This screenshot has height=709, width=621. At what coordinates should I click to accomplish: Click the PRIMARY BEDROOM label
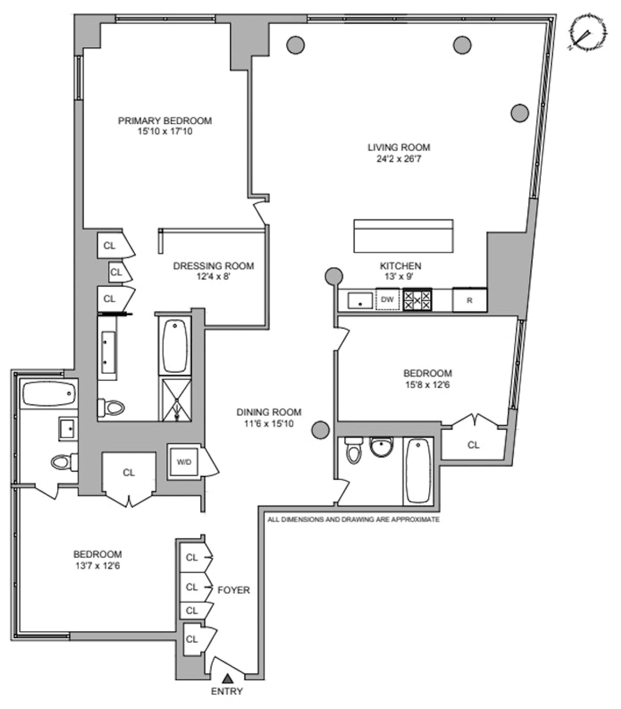(165, 121)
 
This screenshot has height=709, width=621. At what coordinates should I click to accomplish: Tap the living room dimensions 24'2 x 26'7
(399, 159)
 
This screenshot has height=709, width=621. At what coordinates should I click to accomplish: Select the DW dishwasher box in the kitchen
(387, 299)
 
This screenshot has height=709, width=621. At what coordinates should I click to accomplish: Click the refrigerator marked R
(470, 300)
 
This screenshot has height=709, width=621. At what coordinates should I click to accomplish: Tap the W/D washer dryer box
(184, 462)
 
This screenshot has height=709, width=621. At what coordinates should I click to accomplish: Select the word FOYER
(233, 590)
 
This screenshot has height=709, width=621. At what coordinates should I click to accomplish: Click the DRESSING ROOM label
(213, 266)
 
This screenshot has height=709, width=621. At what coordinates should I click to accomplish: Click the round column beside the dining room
(321, 430)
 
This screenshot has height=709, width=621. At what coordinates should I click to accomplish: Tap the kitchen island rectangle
(403, 236)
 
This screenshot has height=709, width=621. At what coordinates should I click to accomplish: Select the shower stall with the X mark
(176, 400)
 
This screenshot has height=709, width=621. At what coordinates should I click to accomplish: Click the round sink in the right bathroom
(382, 447)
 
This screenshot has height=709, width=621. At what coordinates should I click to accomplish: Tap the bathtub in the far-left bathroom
(49, 393)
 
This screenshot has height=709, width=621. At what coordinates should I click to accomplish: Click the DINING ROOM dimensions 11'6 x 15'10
(269, 424)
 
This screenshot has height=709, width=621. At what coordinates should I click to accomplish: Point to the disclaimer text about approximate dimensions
(353, 520)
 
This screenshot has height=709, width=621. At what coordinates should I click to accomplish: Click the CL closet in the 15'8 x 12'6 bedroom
(473, 445)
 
